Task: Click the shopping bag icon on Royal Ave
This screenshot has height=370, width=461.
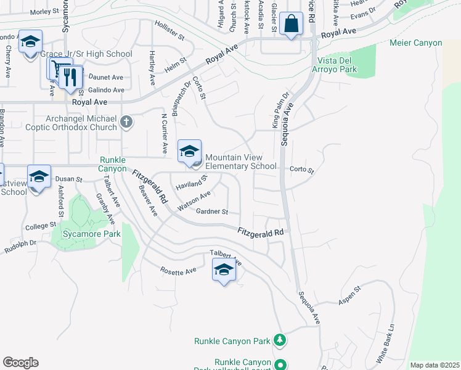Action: coord(292,25)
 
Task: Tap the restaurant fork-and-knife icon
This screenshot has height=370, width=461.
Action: coord(70,76)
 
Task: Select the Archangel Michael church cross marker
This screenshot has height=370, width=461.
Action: coord(126,121)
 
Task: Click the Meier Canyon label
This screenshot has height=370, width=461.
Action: coord(416,43)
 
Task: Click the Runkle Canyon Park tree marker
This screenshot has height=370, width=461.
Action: coord(280,340)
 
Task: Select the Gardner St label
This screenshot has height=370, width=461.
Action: coord(212,212)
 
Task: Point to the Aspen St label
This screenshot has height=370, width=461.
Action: coord(349,300)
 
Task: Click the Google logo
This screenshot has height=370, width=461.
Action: coord(20,363)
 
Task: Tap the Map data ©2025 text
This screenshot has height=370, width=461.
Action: coord(434,365)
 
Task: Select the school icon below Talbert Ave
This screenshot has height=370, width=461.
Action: coord(224,270)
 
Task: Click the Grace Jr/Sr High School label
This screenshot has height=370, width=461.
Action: coord(86,54)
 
